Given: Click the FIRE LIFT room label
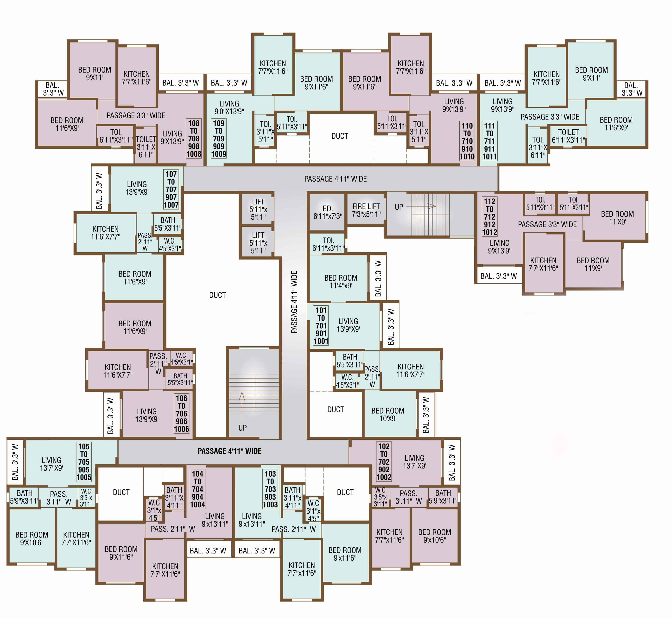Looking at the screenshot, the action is tap(366, 210).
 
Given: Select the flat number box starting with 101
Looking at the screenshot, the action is tap(321, 325).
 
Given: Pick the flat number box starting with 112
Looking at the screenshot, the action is tap(489, 217).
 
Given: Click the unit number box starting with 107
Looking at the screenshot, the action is tap(171, 189).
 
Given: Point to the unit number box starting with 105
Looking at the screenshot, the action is tap(84, 461).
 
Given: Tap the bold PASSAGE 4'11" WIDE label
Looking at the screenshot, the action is tap(229, 451).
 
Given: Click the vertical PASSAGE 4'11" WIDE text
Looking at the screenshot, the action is tap(294, 302).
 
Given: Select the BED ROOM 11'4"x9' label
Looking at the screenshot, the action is tap(341, 282).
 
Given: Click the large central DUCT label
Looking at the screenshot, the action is tap(217, 295).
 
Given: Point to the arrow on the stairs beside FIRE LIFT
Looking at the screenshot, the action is tap(421, 206).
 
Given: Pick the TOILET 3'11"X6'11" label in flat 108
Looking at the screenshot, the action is tap(146, 147).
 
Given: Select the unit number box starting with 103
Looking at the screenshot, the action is tap(270, 489).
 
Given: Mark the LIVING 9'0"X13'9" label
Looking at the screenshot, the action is tap(229, 107).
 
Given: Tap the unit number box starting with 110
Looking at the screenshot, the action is tap(467, 141).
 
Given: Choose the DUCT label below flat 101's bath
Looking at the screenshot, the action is tap(335, 409).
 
